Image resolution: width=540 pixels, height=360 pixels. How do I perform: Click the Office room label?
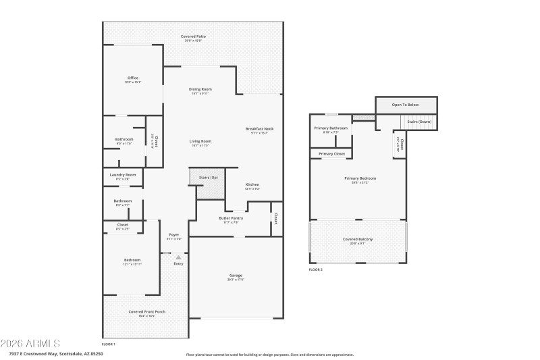click(x=132, y=78)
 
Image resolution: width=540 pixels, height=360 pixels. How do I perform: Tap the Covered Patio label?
click(x=194, y=36)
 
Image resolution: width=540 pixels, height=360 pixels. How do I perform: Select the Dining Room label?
click(x=200, y=89)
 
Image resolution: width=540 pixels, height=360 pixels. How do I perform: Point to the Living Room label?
click(x=200, y=141)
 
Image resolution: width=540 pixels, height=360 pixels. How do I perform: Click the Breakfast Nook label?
click(x=259, y=128)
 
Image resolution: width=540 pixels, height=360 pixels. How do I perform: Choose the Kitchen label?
click(x=252, y=185)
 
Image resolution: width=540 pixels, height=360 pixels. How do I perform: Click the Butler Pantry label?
click(x=231, y=218)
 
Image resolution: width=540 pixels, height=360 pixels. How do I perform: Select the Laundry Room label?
click(x=123, y=175)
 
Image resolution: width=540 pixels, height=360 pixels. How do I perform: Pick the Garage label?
click(x=236, y=276)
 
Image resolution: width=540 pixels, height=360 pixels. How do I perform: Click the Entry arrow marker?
click(x=178, y=257)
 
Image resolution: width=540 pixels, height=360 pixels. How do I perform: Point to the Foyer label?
click(x=174, y=234)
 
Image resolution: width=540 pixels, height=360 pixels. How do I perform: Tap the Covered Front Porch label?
click(x=146, y=311)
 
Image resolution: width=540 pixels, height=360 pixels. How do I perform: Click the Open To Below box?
click(x=406, y=105)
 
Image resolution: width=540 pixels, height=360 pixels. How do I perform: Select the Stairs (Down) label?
click(x=418, y=122)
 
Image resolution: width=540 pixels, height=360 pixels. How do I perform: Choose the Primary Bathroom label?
click(x=331, y=128)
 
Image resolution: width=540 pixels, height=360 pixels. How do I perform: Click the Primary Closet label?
click(x=331, y=154)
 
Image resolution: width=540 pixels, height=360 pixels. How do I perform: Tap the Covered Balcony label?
click(x=358, y=240)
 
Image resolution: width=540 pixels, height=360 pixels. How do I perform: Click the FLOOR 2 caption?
click(x=316, y=269)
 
